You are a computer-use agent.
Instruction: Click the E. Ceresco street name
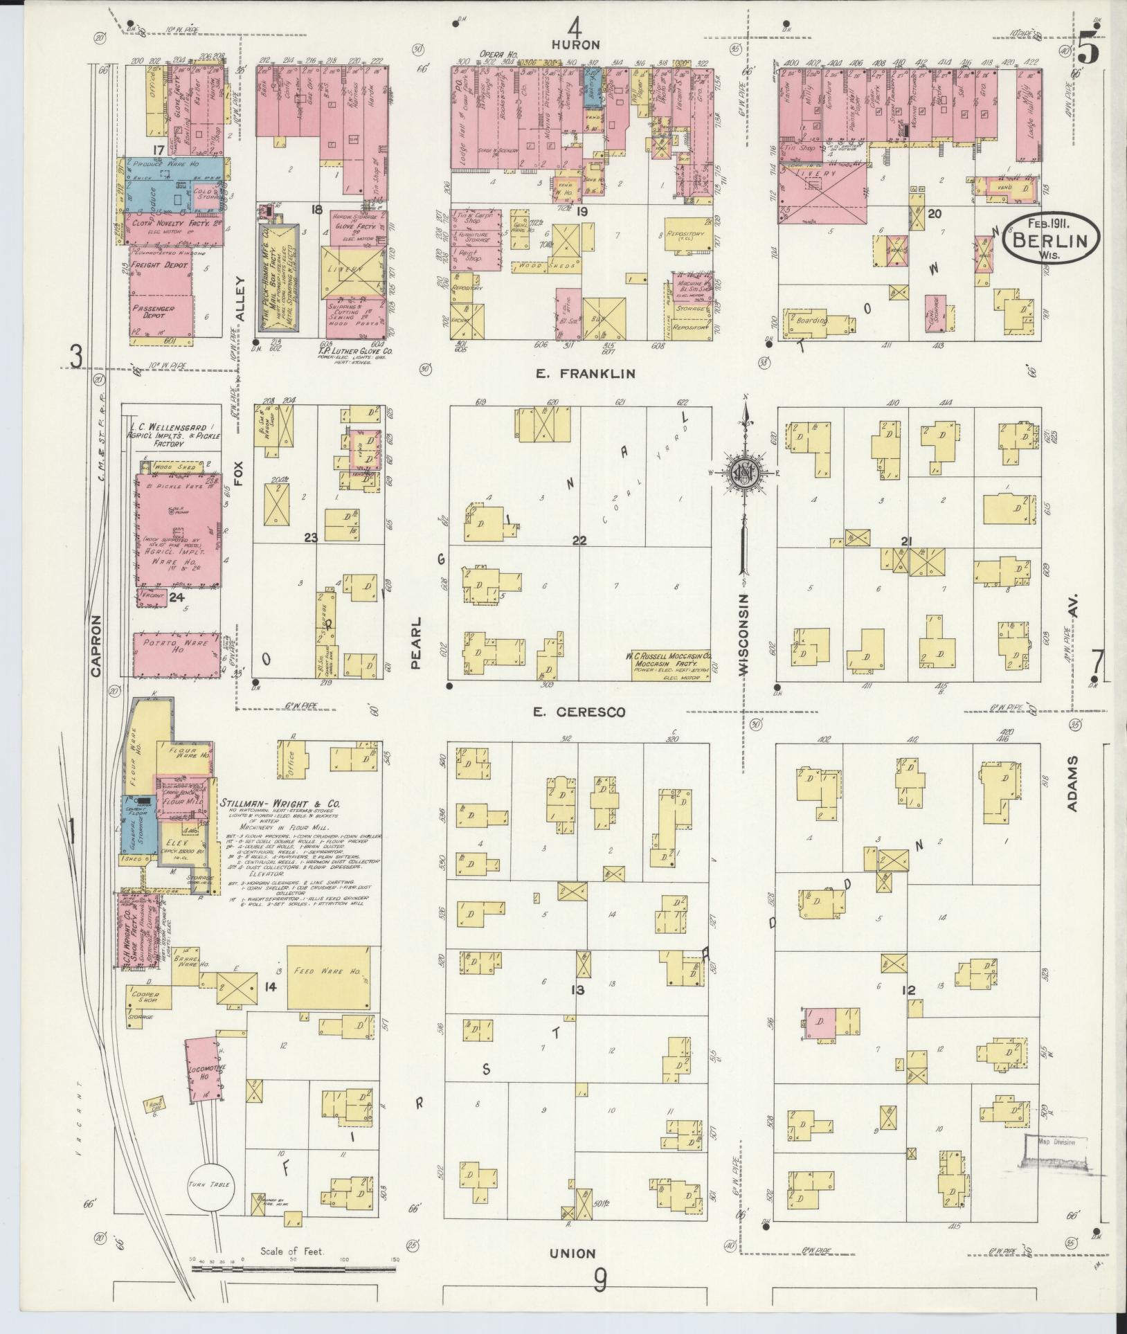coord(580,712)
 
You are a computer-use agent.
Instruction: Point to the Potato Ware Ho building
coord(177,654)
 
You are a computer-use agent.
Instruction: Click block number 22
coord(579,541)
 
